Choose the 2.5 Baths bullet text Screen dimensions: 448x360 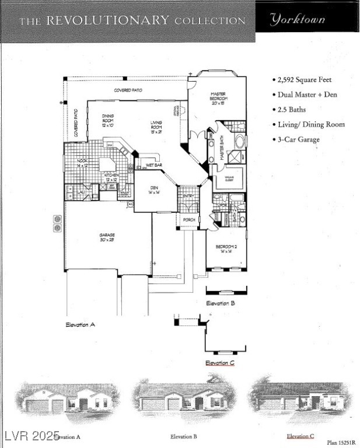(291, 110)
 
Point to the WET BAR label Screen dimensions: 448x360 (154, 165)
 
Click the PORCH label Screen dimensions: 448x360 (189, 219)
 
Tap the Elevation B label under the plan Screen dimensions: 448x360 (221, 303)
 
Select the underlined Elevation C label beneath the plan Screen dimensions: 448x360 (220, 363)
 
